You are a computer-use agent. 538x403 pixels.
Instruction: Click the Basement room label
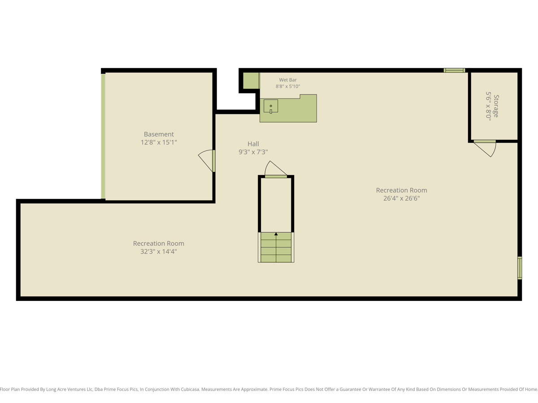coord(159,134)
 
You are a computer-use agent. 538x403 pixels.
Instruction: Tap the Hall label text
coord(253,144)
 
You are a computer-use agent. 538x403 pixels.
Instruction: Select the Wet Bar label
coord(288,80)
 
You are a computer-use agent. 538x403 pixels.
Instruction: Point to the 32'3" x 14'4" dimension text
coord(159,252)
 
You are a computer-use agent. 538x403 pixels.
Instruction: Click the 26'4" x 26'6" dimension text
coord(401,198)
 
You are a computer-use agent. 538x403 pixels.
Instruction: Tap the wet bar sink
coord(271,106)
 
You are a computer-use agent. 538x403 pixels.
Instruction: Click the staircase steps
coord(276,247)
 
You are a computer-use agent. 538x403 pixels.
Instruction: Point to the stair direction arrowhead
coord(276,234)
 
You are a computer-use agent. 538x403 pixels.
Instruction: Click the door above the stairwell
coord(276,176)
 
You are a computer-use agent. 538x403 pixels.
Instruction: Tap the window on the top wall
coord(454,70)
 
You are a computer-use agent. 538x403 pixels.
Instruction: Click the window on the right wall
coord(520,268)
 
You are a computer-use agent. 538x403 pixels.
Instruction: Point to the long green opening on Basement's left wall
coord(103,136)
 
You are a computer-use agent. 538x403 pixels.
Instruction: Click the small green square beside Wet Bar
coord(251,81)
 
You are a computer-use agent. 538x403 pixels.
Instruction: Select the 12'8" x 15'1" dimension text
coord(159,142)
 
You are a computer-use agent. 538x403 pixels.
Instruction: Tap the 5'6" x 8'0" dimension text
coord(489,106)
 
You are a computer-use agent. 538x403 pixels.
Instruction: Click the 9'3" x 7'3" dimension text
coord(253,152)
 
